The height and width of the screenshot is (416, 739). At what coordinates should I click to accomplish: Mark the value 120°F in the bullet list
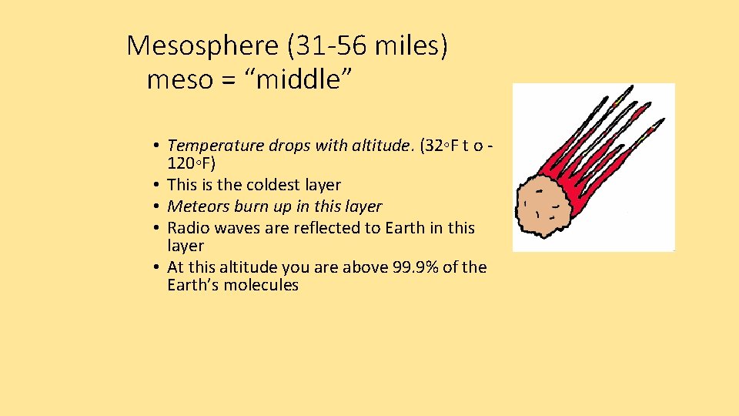[x=191, y=164]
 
